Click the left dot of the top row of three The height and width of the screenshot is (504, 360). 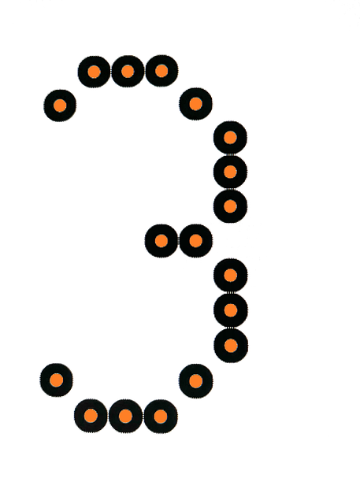pos(94,72)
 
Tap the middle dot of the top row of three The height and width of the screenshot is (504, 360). pos(128,71)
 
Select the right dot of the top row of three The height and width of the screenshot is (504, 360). pos(161,71)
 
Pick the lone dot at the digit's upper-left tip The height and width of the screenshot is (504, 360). pos(60,106)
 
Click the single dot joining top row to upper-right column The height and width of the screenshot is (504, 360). pos(195,104)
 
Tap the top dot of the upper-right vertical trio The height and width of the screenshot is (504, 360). pos(230,138)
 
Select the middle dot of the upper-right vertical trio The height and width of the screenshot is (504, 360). pos(230,172)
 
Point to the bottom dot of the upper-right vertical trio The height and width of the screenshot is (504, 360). pos(230,206)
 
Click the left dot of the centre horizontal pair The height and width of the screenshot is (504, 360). pos(161,241)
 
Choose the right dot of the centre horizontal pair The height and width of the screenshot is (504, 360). pos(195,241)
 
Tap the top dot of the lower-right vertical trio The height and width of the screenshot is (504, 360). pos(231,275)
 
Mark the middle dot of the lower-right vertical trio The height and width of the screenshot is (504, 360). pos(231,310)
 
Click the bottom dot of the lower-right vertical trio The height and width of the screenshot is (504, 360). pos(231,346)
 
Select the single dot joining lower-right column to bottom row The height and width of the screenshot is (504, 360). pos(195,381)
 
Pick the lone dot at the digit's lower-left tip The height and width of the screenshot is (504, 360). pos(57,380)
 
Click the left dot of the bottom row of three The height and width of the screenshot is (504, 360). pos(91,416)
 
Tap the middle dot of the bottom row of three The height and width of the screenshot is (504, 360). pos(125,417)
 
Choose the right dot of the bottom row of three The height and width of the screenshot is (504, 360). pos(161,417)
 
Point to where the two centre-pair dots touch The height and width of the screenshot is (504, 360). pos(179,241)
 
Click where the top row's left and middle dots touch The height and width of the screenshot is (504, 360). pos(111,72)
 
